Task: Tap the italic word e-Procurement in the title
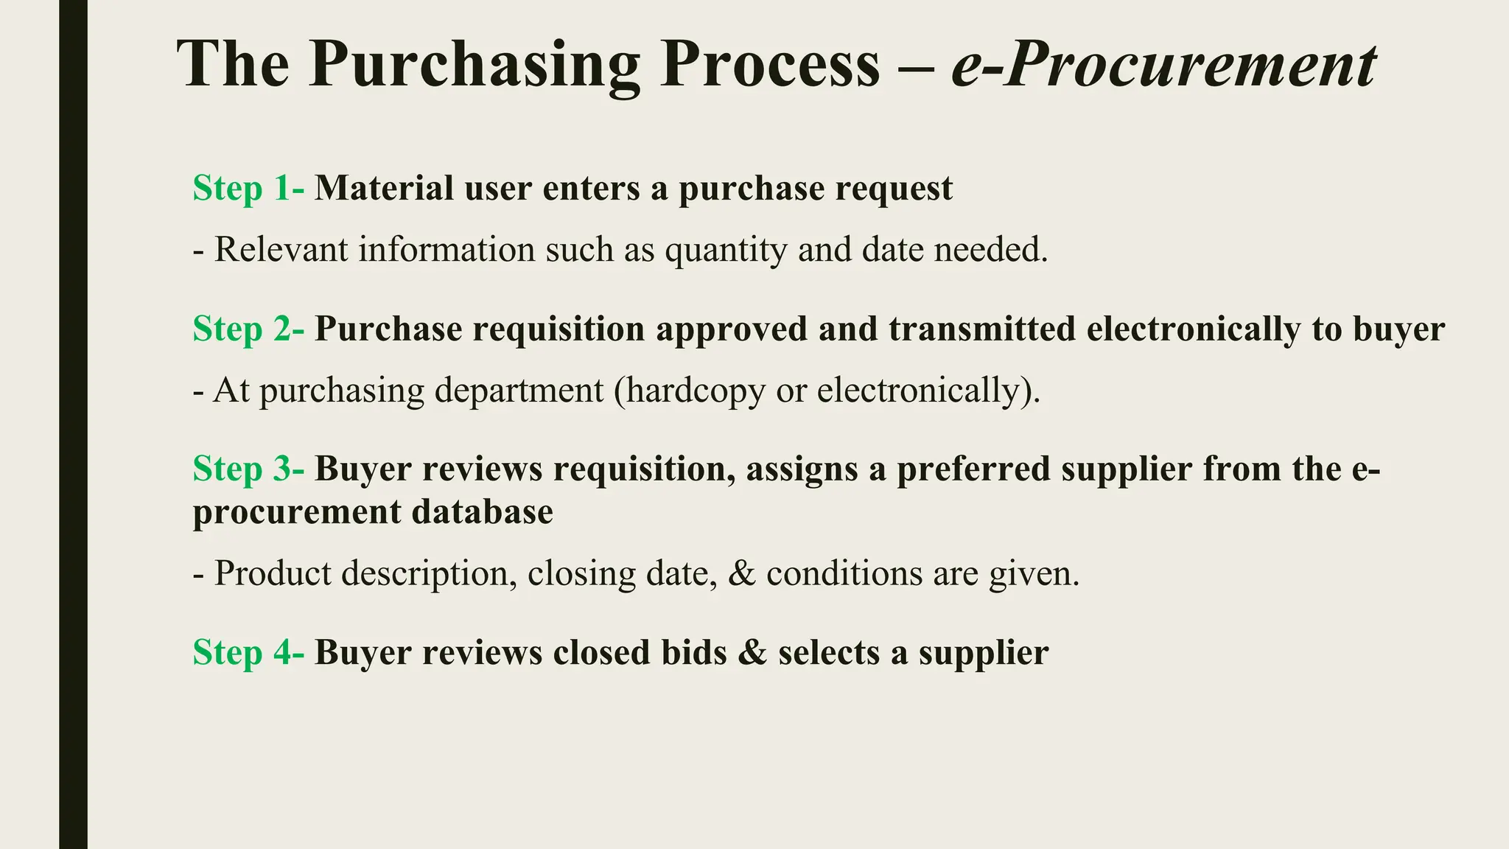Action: coord(1163,66)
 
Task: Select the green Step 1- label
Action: coord(248,189)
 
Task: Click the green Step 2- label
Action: coord(248,329)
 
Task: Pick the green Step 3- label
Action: coord(248,469)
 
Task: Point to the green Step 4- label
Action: coord(248,653)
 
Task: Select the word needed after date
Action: coord(991,250)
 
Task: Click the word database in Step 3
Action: coord(482,511)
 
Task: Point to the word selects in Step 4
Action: coord(827,652)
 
